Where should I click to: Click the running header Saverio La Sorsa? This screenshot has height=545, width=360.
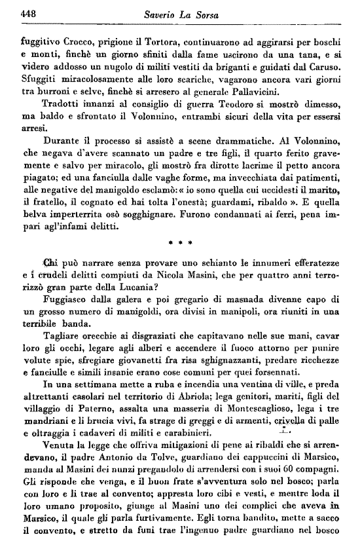tap(183, 14)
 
